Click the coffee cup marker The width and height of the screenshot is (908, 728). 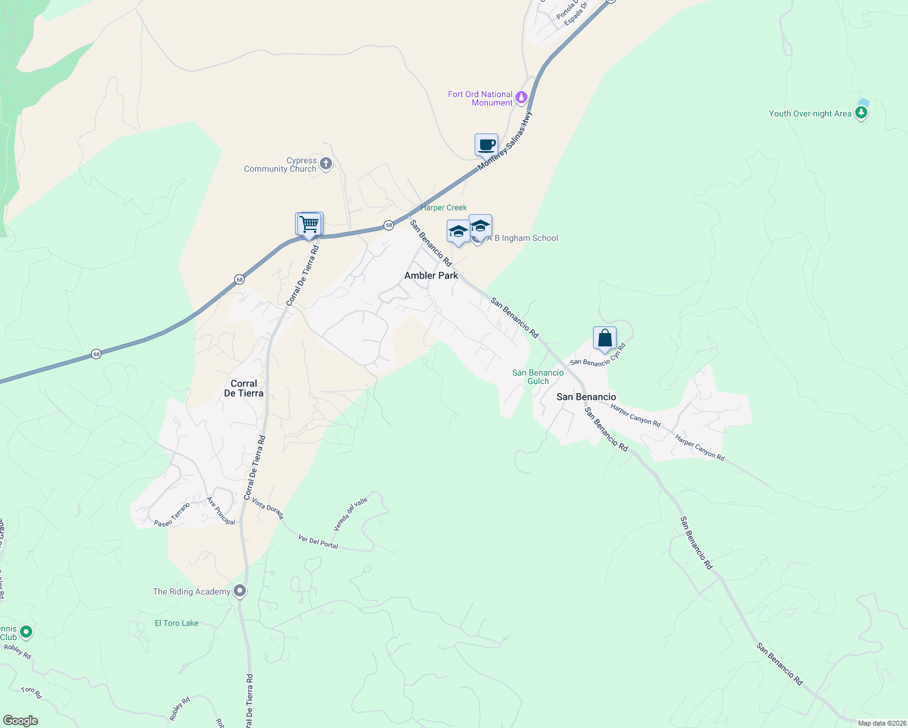coord(486,146)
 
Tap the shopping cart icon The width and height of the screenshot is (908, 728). coord(310,224)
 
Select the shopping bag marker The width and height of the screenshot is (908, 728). coord(605,339)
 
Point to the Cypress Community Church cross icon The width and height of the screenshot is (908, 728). coord(326,164)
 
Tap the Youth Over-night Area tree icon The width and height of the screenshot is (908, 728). coord(861,113)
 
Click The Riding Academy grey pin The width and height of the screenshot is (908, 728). coord(240,591)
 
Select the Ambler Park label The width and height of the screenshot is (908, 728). coord(431,275)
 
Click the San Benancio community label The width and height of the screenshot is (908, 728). coord(586,397)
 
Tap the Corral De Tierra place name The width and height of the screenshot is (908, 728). coord(243,388)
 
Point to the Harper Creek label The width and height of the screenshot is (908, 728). coord(444,207)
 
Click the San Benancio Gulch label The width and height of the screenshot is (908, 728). coord(538,377)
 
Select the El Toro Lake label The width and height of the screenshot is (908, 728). coord(176,623)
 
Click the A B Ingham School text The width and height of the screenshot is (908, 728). coord(523,238)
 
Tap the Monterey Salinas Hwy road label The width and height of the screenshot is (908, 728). coord(504,141)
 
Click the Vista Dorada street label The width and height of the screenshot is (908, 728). coord(268,509)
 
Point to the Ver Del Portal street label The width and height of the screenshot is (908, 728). coord(318,541)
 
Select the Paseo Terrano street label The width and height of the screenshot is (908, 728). coord(172,514)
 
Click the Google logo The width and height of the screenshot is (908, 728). coord(20,721)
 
